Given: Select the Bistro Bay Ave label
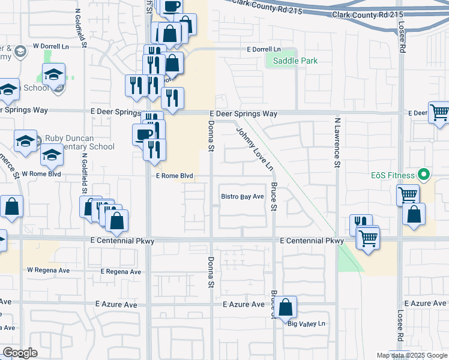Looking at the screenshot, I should click(x=243, y=196).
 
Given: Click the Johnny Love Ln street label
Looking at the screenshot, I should click(x=255, y=149).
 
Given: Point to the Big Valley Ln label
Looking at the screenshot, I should click(x=306, y=324).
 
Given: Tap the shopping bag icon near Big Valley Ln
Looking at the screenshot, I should click(x=287, y=307).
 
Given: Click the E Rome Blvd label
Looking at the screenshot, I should click(x=175, y=176).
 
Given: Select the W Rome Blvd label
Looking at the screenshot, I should click(x=41, y=174).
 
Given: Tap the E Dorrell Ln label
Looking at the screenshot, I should click(x=264, y=49).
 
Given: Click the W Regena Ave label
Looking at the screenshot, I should click(x=49, y=271).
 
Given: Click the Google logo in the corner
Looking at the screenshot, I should click(x=20, y=352).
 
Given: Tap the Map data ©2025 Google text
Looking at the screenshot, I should click(x=412, y=355).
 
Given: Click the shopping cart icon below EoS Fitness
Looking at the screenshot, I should click(x=408, y=194).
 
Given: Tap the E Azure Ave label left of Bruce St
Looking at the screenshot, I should click(x=243, y=305).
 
